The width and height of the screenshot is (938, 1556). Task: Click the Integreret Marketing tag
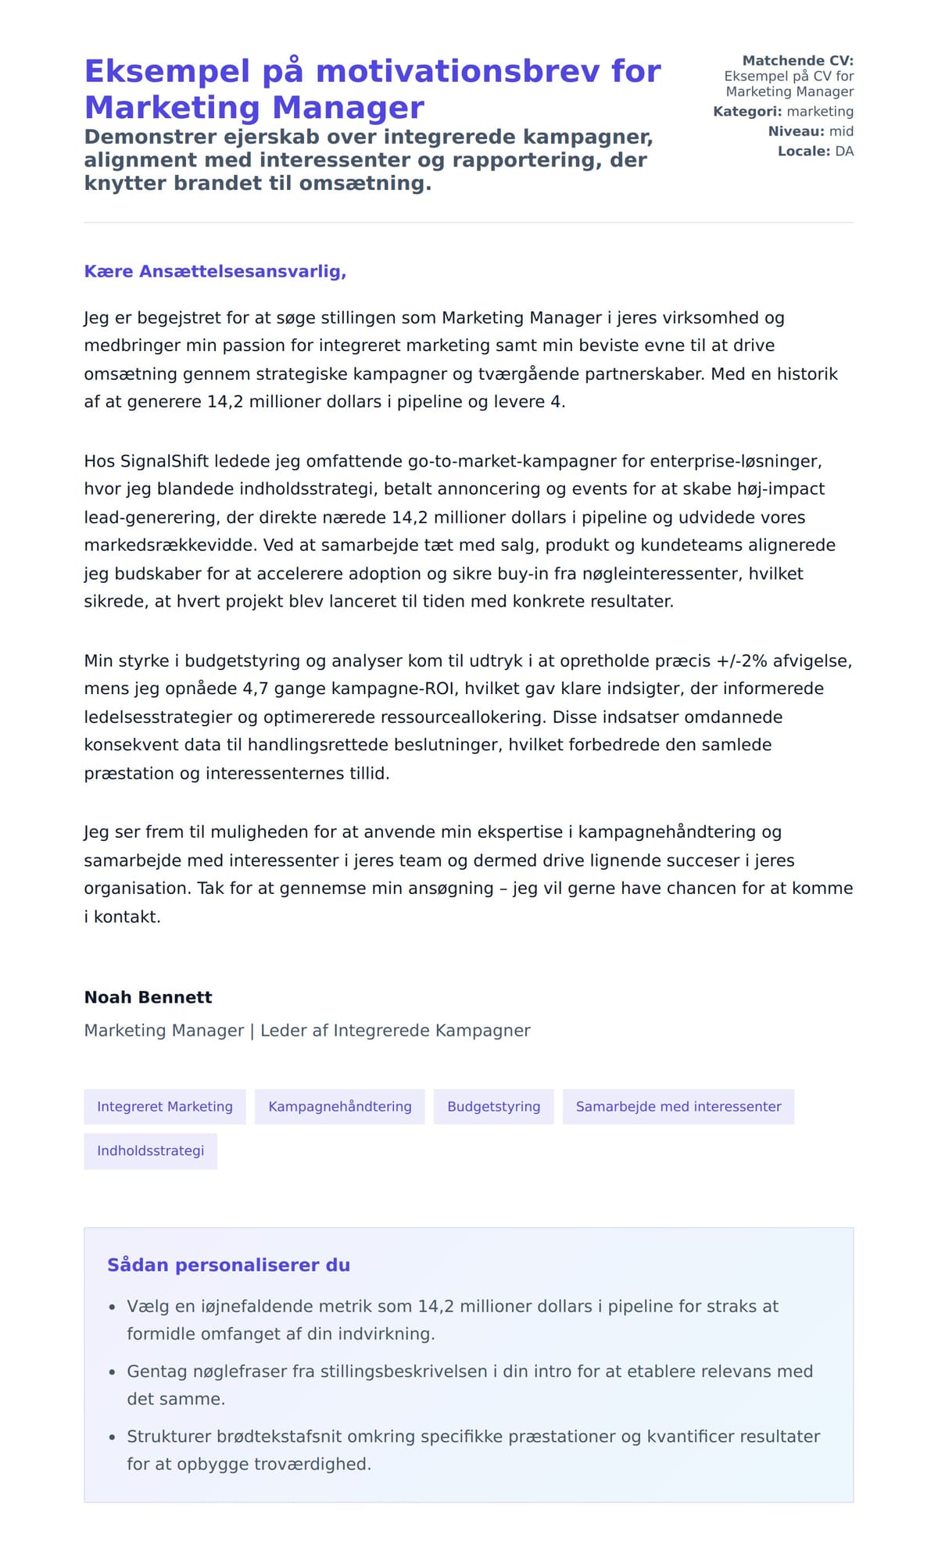coord(165,1107)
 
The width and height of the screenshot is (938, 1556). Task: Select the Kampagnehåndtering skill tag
coord(340,1107)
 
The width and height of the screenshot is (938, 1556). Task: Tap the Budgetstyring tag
coord(493,1107)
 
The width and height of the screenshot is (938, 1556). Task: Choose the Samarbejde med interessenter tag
coord(678,1107)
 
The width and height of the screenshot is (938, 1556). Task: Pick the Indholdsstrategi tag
coord(150,1151)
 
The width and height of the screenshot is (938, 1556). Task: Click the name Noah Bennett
coord(148,997)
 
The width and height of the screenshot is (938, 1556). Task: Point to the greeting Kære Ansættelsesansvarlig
coord(215,272)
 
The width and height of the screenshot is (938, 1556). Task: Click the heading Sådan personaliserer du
coord(228,1265)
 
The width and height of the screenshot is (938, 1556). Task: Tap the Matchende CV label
coord(797,61)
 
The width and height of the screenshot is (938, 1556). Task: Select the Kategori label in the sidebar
coord(746,112)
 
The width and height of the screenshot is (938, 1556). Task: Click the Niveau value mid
coord(841,131)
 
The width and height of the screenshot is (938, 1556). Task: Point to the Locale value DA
coord(844,152)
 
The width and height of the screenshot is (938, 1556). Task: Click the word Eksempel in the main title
coord(167,72)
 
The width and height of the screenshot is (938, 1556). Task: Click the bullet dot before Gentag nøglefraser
coord(112,1372)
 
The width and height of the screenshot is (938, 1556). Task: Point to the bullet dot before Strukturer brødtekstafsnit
coord(112,1437)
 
